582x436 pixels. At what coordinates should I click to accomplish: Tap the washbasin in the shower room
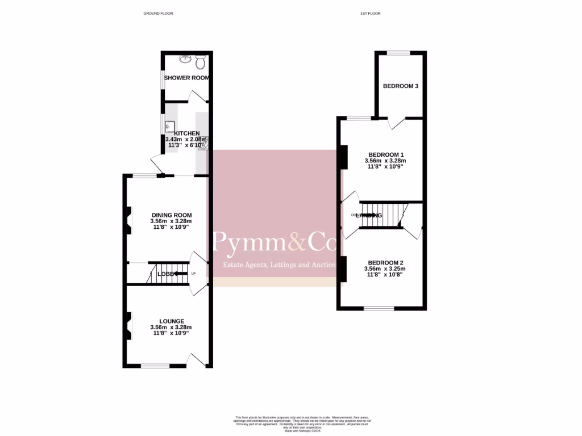(185, 58)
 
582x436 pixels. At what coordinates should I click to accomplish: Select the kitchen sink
(169, 127)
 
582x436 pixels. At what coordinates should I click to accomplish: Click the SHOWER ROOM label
(186, 78)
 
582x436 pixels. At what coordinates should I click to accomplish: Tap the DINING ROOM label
(171, 215)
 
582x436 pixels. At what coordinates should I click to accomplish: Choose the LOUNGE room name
(171, 321)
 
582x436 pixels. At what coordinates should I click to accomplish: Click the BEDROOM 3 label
(401, 86)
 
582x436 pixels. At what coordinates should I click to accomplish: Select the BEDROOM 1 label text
(386, 154)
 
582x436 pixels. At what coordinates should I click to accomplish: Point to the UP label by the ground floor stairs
(193, 274)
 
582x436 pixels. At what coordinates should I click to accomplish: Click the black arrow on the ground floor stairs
(181, 274)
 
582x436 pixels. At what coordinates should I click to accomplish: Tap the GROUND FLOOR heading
(158, 13)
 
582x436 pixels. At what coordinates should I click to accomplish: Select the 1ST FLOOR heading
(369, 13)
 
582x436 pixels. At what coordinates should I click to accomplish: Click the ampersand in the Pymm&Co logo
(297, 243)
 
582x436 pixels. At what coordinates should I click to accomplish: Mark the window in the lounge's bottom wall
(155, 366)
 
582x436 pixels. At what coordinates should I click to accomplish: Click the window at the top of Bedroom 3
(398, 53)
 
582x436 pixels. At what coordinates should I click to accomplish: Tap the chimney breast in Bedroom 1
(343, 158)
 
